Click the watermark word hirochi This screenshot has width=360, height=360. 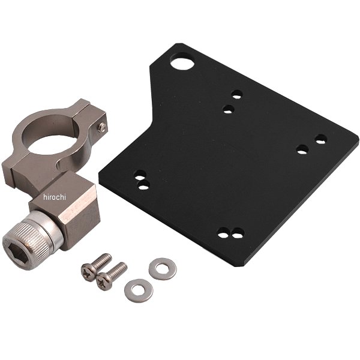pos(55,197)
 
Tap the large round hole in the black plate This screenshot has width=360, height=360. pos(182,61)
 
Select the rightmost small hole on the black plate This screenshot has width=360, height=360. pos(321,139)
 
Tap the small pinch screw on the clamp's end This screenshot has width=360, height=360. pos(102,127)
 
